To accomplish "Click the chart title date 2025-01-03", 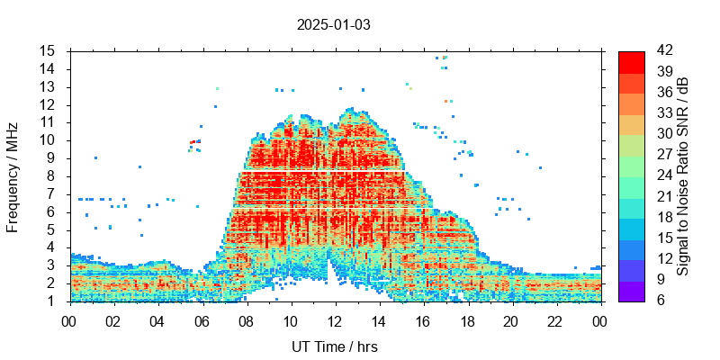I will (x=334, y=24).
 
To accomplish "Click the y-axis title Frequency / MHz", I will (x=13, y=175).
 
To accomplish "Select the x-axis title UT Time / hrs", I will (x=334, y=347).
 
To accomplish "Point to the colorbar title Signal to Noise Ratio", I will (x=683, y=175).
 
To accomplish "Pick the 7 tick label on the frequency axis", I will (x=52, y=193).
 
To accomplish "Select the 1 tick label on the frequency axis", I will (x=52, y=301).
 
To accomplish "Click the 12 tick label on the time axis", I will (x=334, y=319).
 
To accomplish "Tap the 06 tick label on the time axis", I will (x=202, y=319).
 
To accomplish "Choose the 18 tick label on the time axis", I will (x=466, y=319).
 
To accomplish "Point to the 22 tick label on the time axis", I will (x=554, y=319).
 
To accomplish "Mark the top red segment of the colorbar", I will (x=631, y=60).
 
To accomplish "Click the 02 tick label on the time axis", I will (x=113, y=319).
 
